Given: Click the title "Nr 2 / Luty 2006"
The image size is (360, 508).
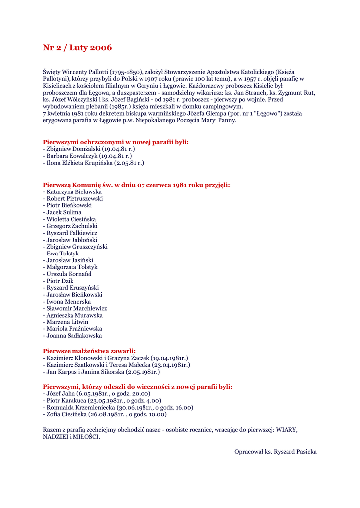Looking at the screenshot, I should pos(77,48).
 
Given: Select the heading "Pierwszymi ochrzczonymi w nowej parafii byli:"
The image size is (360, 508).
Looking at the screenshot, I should pos(116,142).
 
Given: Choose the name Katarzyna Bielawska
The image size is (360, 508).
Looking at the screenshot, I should pos(74,191).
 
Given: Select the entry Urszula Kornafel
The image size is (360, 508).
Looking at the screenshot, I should pos(69,274).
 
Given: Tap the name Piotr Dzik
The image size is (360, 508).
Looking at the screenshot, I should pos(61,281).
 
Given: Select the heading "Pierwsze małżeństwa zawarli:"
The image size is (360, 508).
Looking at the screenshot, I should pos(89,351).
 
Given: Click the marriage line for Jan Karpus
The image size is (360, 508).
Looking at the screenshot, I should pos(101,372).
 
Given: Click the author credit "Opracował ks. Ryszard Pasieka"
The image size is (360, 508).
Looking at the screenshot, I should pos(275,452).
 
